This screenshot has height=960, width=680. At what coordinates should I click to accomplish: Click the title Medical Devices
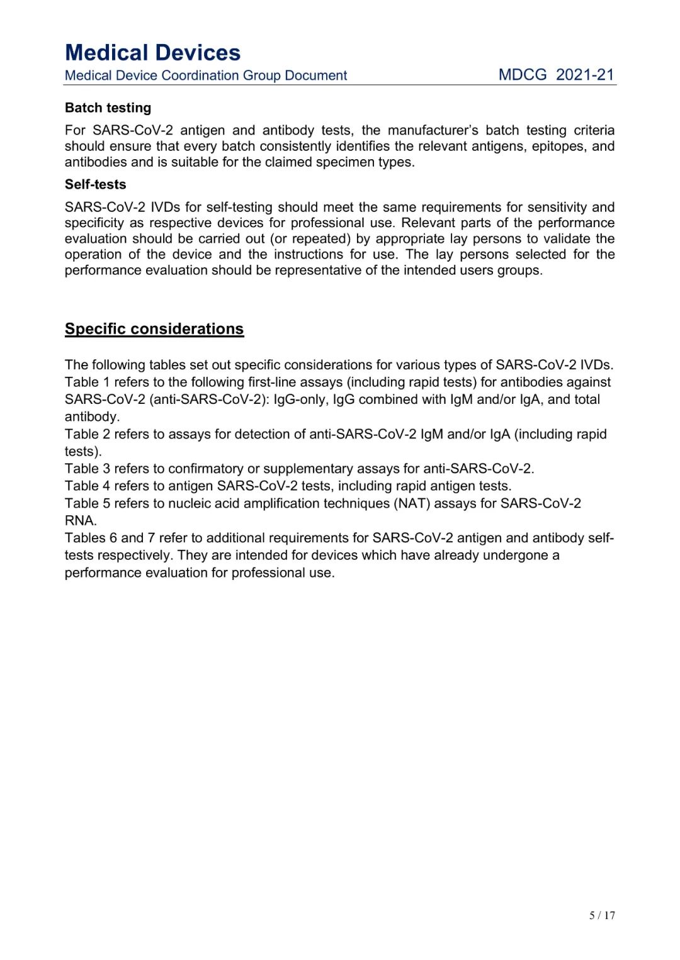coord(152,52)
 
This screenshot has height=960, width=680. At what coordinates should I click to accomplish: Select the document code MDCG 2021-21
coord(556,75)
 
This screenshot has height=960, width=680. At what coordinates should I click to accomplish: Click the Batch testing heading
coord(108,108)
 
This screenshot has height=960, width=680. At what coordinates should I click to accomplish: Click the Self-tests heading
coord(95,184)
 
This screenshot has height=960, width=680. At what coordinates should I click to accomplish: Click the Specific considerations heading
coord(154,329)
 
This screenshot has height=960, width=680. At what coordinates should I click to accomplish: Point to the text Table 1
coord(87,382)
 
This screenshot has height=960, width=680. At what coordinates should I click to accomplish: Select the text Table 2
coord(87,434)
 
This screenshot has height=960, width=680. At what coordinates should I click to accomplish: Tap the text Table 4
coord(87,486)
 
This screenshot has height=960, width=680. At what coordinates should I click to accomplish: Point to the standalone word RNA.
coord(80,521)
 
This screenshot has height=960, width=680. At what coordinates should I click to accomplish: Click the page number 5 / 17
coord(602,915)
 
